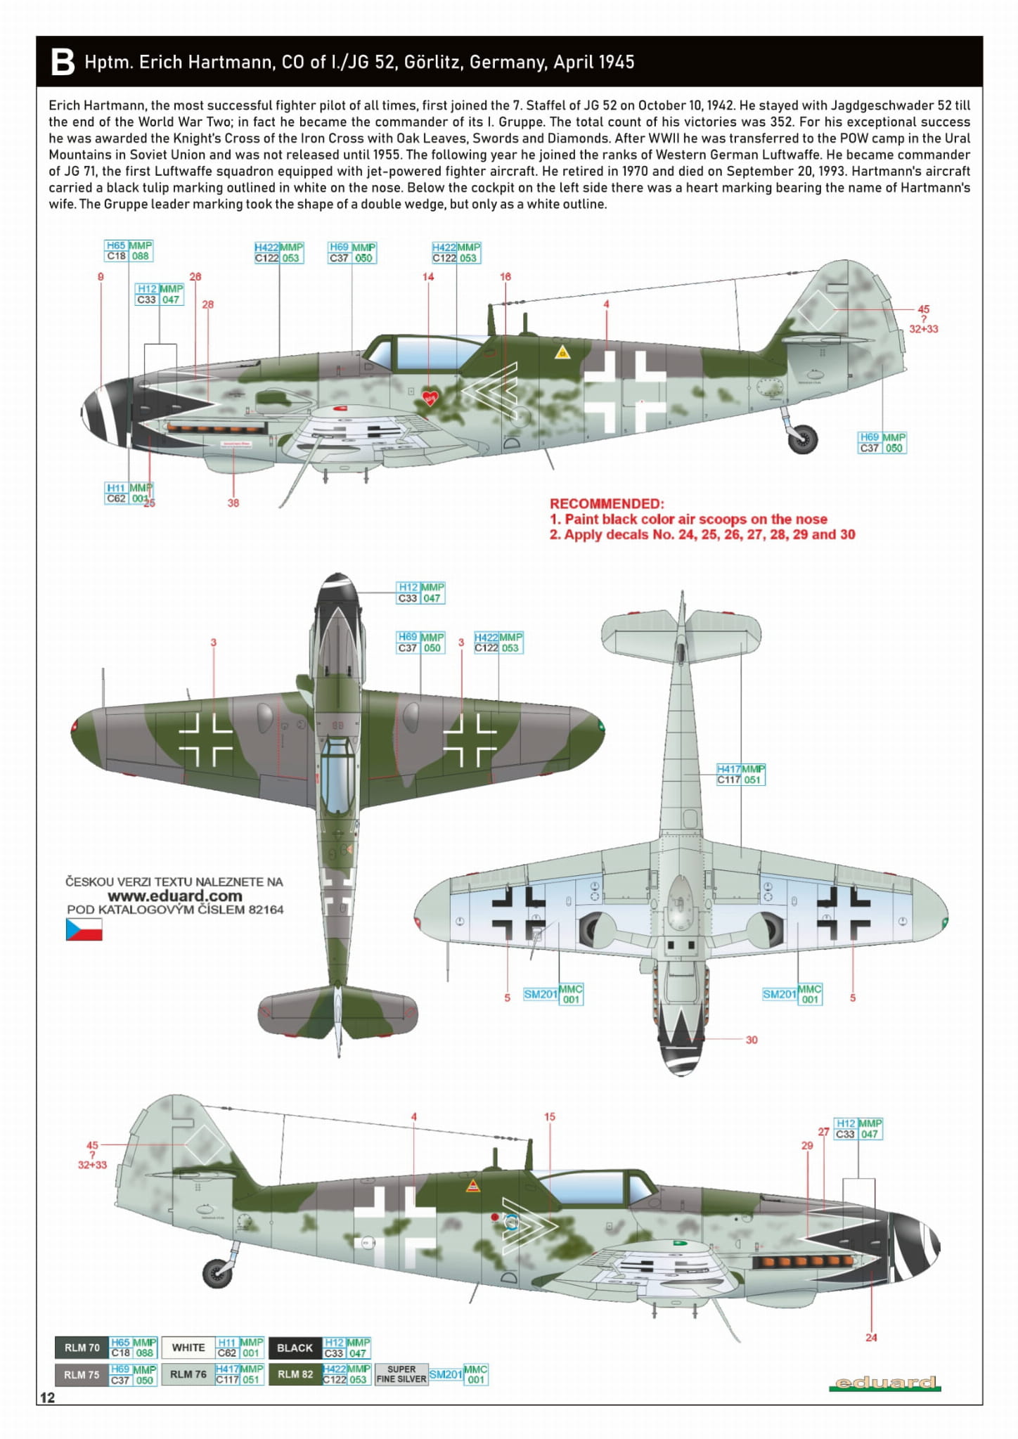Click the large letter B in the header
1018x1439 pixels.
pos(63,62)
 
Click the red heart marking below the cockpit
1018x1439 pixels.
pos(430,397)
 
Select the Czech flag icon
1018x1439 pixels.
pos(84,929)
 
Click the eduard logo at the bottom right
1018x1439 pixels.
pos(884,1383)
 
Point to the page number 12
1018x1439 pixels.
pos(47,1398)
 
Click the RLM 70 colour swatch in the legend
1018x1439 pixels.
pos(82,1348)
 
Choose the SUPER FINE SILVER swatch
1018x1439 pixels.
pos(401,1374)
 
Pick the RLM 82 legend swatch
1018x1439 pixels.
pos(295,1374)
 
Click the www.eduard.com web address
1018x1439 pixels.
pos(174,896)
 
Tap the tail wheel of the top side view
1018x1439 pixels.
pos(802,439)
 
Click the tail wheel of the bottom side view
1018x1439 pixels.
pos(217,1273)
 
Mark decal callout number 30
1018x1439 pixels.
pos(752,1040)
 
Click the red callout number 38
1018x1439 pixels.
pos(233,503)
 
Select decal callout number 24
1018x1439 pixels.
pos(871,1337)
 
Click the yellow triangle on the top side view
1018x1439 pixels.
pos(561,352)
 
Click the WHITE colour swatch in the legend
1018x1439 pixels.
pos(188,1348)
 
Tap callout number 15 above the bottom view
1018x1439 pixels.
pos(550,1116)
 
